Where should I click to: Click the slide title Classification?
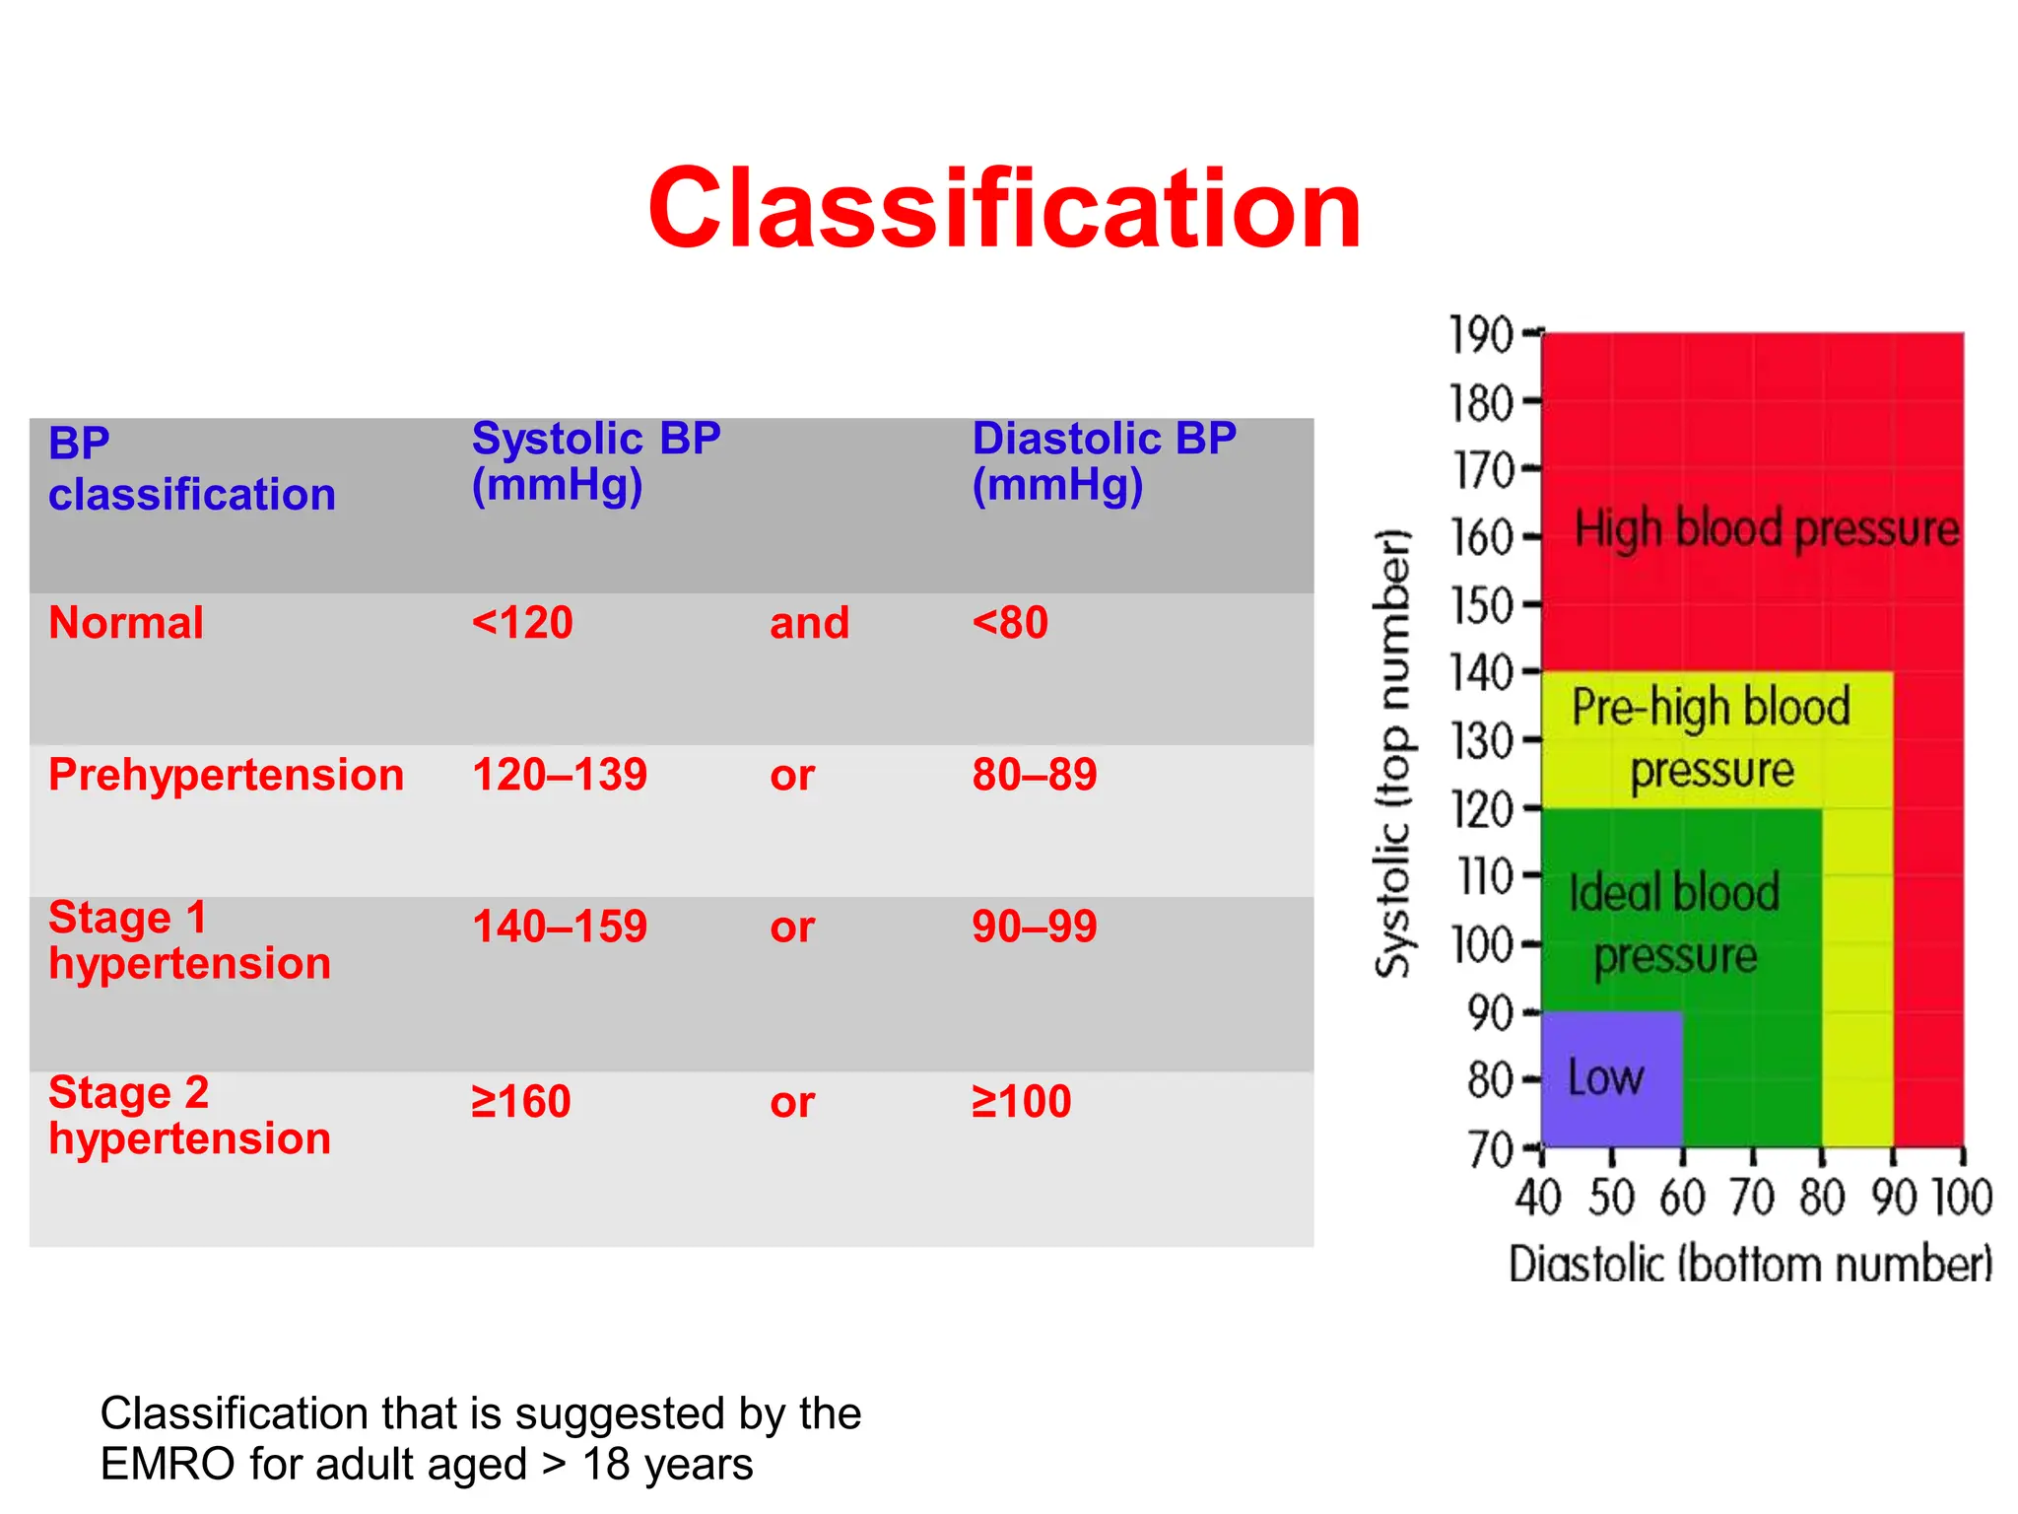(1004, 209)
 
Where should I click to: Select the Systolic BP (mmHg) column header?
(595, 461)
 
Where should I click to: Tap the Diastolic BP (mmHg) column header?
(1103, 461)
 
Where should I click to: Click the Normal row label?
(126, 623)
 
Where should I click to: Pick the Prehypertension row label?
(226, 775)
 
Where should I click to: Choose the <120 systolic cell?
(521, 623)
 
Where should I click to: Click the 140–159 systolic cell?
(559, 927)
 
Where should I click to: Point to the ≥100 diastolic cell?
(1021, 1101)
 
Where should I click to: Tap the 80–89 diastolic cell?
(1034, 775)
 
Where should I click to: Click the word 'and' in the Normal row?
(809, 623)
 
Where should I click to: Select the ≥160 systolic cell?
(520, 1101)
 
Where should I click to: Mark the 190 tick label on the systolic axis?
(1480, 335)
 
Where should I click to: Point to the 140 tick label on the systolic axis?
(1480, 673)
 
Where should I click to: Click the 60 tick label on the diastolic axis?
(1681, 1199)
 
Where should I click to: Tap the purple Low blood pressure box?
(1610, 1077)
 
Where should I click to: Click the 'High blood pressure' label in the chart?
(1766, 528)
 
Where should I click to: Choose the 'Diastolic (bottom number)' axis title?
(1750, 1265)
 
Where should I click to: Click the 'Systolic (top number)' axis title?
(1392, 754)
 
